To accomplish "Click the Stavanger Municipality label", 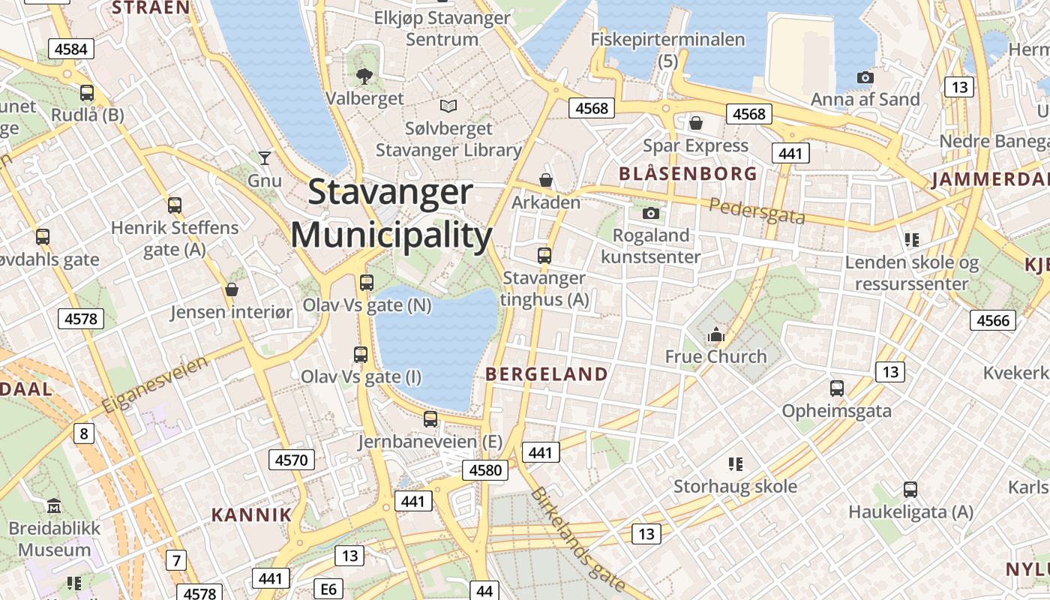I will coord(391,214).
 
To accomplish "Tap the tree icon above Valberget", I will coord(364,75).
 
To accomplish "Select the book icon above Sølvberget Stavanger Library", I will coord(448,106).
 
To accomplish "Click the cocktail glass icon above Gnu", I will coord(264,157).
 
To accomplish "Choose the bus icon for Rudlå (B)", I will coord(87,93).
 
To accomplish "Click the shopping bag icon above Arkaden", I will coord(546,180).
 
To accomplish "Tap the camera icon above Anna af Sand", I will coord(865,77).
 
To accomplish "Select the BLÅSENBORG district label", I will coord(688,174).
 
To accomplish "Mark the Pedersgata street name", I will coord(757,211).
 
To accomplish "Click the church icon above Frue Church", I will coord(716,334).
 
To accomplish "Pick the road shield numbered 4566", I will coord(994,320).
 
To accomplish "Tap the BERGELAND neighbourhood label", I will coord(547,373).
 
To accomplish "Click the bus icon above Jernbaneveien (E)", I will coord(430,418).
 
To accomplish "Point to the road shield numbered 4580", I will coord(484,470).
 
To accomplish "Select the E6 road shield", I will coord(328,589).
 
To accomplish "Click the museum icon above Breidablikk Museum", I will coord(54,506).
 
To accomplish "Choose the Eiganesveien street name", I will coord(155,385).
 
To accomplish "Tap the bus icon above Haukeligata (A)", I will coord(910,490).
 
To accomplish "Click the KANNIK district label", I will coord(251,514).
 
